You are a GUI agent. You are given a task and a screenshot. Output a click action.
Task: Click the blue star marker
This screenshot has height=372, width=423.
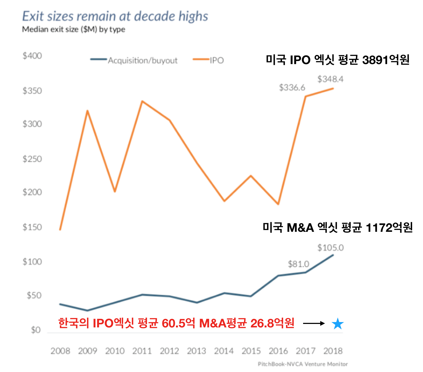(338, 324)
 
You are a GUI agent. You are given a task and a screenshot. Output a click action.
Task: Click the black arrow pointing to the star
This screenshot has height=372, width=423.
(314, 323)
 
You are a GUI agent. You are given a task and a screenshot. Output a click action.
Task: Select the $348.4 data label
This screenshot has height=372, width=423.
(330, 79)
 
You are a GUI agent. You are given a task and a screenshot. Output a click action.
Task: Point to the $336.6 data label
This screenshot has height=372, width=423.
(292, 88)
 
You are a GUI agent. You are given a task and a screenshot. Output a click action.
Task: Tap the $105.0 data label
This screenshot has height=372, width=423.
(330, 248)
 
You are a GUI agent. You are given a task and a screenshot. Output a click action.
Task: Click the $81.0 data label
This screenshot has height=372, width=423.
(298, 264)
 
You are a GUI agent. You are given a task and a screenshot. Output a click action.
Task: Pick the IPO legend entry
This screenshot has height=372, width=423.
(209, 60)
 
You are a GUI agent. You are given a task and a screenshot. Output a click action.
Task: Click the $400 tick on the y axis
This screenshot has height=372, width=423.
(32, 56)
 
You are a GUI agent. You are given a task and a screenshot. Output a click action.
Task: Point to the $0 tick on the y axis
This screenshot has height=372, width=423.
(36, 330)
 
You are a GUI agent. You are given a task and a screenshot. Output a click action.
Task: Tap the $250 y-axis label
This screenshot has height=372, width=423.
(32, 159)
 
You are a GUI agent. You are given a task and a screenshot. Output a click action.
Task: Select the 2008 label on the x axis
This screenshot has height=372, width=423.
(60, 351)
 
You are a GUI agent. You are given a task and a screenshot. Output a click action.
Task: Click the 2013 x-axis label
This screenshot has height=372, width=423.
(197, 351)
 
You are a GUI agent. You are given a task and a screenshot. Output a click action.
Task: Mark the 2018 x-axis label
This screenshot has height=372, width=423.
(333, 351)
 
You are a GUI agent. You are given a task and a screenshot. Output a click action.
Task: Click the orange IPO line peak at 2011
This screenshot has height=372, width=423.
(142, 101)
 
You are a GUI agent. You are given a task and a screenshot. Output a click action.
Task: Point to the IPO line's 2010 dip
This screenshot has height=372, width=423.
(115, 191)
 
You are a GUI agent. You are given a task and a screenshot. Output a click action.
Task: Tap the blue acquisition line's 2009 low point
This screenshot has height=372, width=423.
(87, 310)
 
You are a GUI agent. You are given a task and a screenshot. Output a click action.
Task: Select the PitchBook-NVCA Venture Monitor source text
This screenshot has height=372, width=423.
(303, 364)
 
